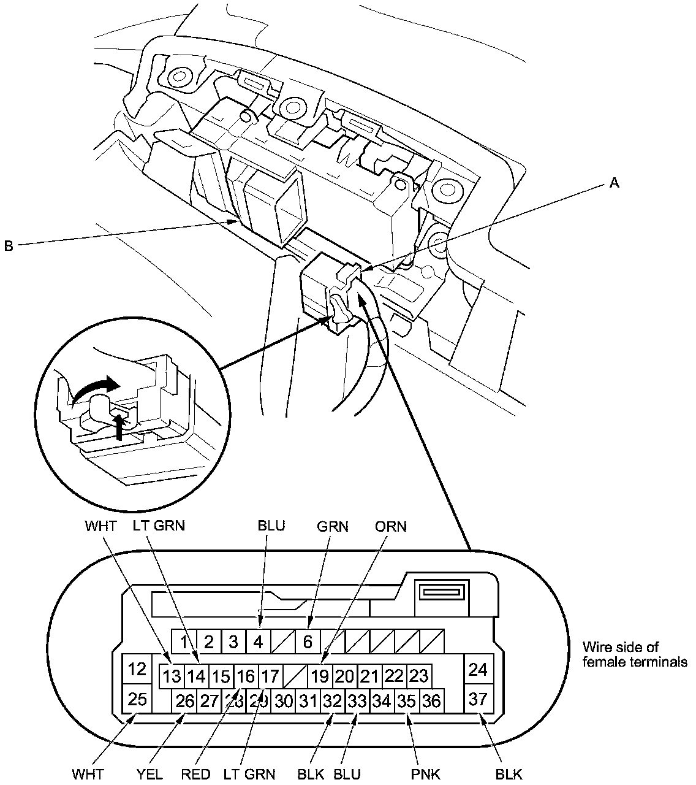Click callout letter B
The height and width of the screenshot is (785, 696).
click(9, 246)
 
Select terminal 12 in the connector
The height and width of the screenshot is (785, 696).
click(136, 669)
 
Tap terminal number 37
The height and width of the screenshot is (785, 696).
click(477, 699)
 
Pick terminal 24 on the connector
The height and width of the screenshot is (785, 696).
click(477, 670)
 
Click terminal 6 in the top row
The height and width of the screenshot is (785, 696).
click(308, 641)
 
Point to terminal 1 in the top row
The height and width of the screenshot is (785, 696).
click(183, 642)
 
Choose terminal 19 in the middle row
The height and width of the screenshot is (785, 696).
click(319, 676)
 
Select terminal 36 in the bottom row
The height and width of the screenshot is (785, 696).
click(431, 700)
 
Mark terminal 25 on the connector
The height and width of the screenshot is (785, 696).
click(136, 699)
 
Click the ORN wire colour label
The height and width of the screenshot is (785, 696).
click(391, 527)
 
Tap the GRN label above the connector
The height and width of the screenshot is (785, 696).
click(333, 527)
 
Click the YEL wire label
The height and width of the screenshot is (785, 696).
click(150, 774)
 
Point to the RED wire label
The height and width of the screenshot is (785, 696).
click(197, 774)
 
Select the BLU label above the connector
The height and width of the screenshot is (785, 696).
click(271, 527)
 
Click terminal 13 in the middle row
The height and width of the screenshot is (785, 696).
click(172, 676)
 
